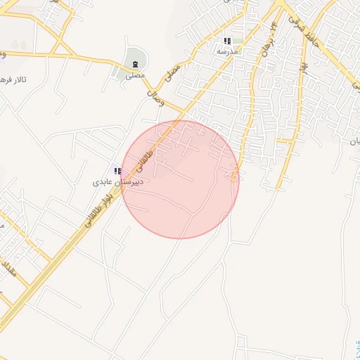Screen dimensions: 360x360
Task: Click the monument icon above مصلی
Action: coord(135,64)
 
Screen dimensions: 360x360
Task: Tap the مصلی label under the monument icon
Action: coord(134,75)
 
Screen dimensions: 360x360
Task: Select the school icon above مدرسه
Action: coord(227,41)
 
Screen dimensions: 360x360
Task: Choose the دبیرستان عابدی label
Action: coord(119,181)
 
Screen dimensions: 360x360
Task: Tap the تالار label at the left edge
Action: coord(14,79)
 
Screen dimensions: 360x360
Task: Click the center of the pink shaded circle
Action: coord(180,179)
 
